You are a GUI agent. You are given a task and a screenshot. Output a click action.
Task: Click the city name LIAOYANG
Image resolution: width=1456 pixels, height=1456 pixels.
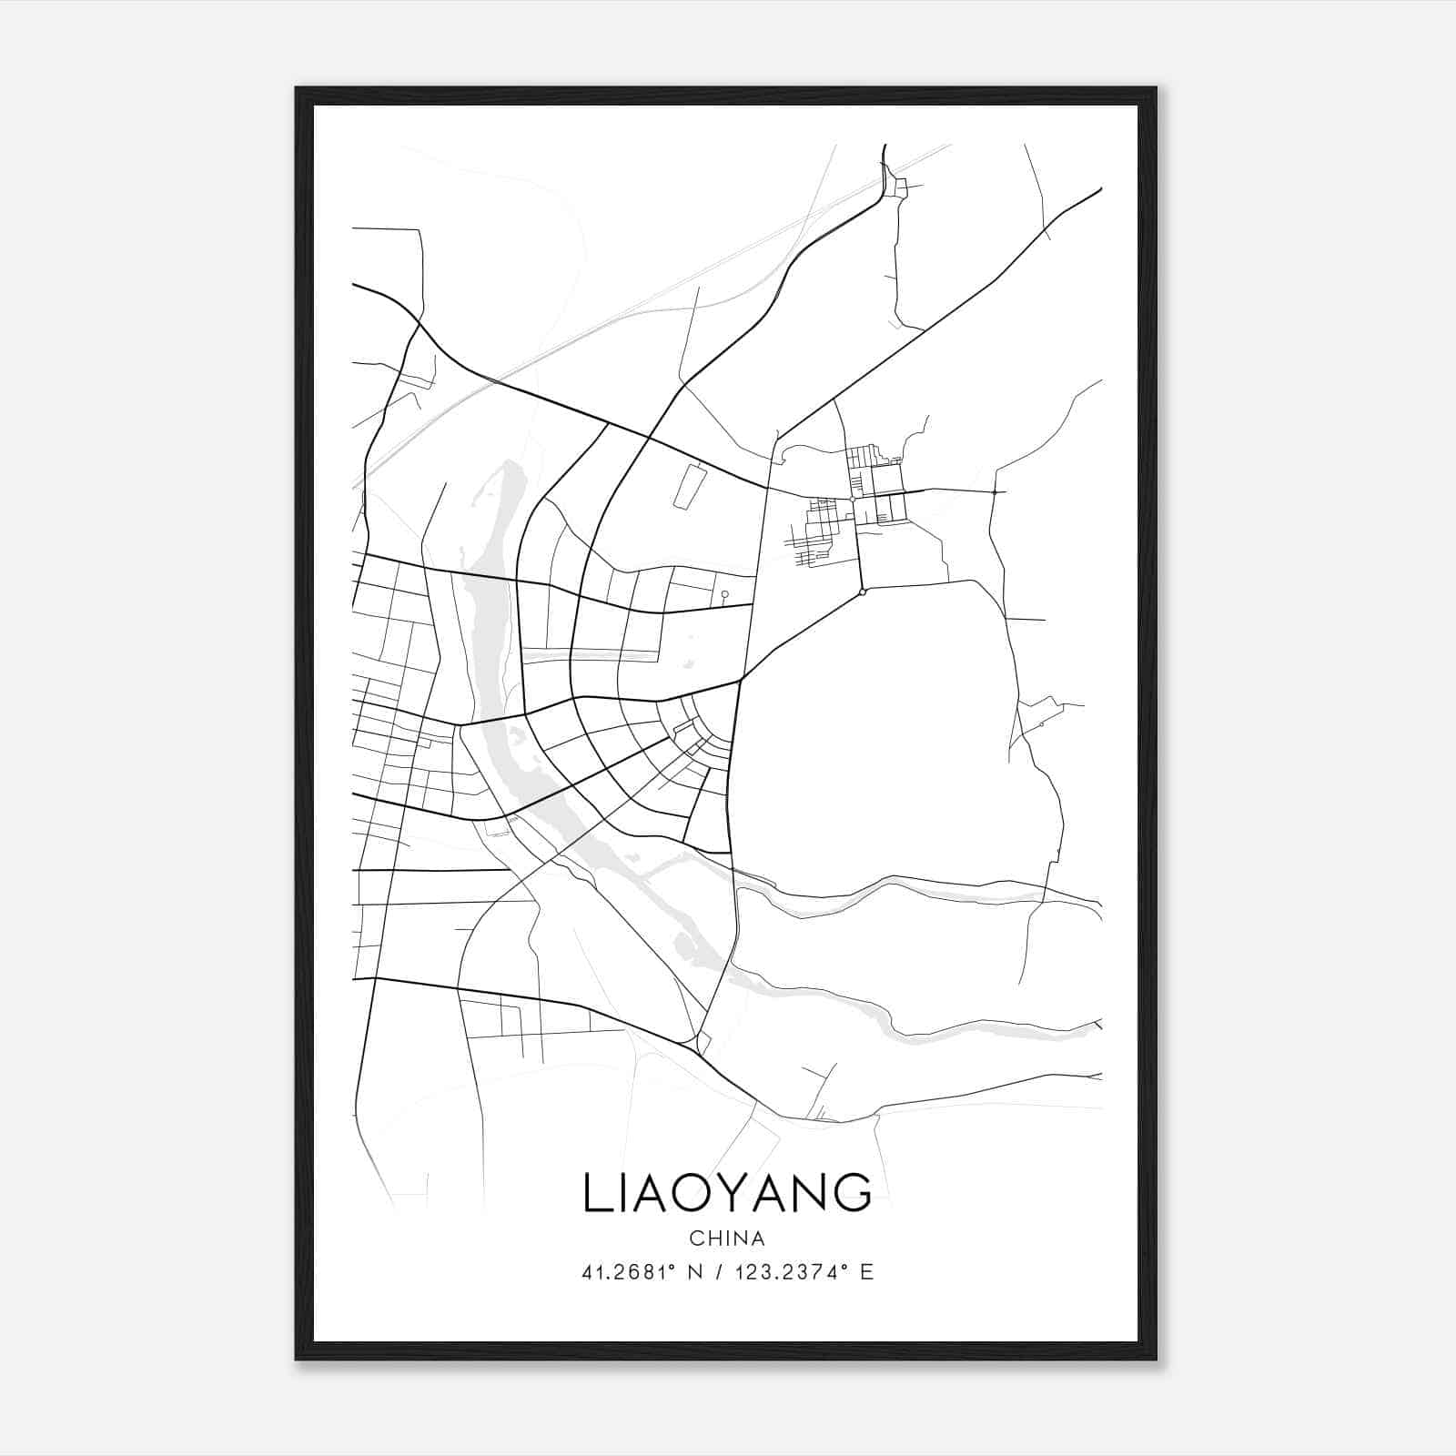coord(727,1193)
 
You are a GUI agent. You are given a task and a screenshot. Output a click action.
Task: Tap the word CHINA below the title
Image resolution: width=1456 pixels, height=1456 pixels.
coord(727,1239)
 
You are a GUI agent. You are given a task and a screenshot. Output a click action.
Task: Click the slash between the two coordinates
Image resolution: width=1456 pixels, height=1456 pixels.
coord(720,1272)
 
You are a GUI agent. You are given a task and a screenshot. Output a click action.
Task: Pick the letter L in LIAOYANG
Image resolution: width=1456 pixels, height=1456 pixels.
coord(595,1193)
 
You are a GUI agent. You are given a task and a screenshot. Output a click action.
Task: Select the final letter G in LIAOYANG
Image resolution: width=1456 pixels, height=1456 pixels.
coord(853,1193)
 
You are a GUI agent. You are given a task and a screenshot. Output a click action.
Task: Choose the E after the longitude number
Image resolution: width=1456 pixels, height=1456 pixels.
coord(866,1272)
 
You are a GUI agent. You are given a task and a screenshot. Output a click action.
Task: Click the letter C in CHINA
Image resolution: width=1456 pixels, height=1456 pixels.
coord(695,1239)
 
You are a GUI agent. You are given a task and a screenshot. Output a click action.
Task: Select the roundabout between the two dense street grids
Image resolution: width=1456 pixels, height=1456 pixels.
coord(852,499)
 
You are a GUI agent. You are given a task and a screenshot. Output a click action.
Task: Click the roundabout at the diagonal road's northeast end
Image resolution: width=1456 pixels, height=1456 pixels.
coord(863,592)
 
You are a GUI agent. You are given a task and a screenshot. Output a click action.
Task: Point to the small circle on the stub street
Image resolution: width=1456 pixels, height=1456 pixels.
coord(724,594)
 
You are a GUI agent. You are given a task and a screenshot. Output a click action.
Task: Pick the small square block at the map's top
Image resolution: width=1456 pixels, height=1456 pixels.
coord(901,188)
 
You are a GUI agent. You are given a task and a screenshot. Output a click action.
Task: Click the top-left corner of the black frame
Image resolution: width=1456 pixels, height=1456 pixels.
coord(297,88)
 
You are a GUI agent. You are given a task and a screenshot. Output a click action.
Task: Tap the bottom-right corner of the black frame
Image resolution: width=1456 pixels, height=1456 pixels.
coord(1156,1359)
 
